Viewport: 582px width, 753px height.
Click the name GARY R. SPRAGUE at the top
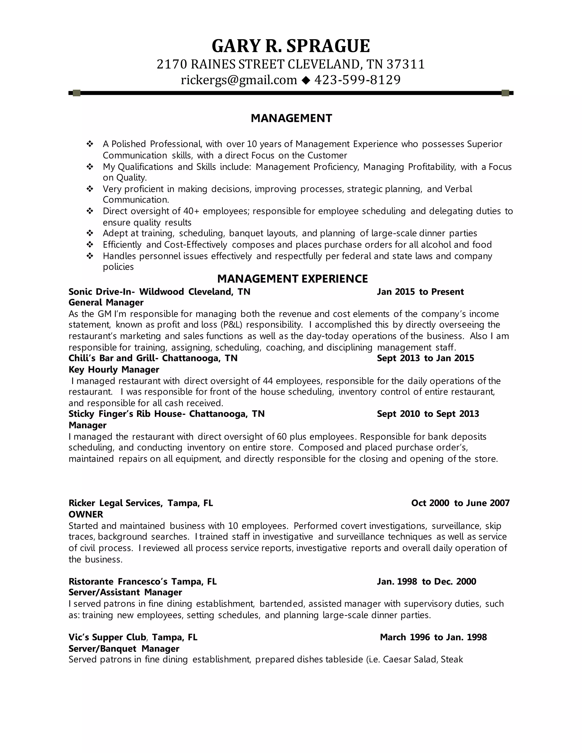pyautogui.click(x=291, y=46)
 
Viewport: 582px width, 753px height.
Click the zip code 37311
pyautogui.click(x=406, y=64)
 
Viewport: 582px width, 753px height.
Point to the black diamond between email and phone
pyautogui.click(x=305, y=80)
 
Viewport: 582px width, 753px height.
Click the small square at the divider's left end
pyautogui.click(x=76, y=93)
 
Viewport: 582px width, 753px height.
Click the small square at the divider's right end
pyautogui.click(x=505, y=93)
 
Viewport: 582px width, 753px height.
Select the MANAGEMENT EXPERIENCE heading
pyautogui.click(x=292, y=278)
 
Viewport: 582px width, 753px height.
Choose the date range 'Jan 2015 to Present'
pyautogui.click(x=420, y=292)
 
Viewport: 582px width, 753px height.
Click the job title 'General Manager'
pyautogui.click(x=106, y=302)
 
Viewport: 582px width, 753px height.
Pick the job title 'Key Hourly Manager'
pyautogui.click(x=114, y=369)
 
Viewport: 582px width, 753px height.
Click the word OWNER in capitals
pyautogui.click(x=86, y=514)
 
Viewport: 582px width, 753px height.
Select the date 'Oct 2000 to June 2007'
pyautogui.click(x=460, y=503)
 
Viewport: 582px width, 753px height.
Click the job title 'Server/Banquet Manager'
pyautogui.click(x=124, y=648)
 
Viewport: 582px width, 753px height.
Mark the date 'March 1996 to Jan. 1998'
pyautogui.click(x=433, y=637)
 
